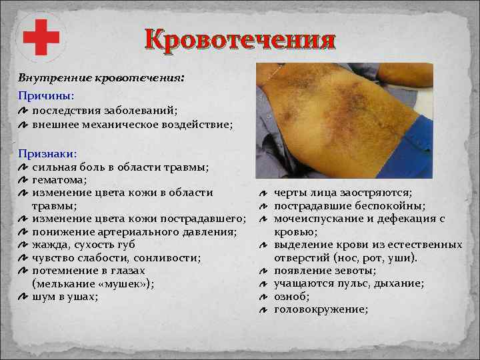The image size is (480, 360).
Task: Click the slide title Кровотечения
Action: [x=239, y=40]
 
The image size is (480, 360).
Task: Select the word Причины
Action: [x=46, y=97]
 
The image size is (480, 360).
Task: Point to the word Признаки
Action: [x=48, y=153]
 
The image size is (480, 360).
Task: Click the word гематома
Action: [x=59, y=179]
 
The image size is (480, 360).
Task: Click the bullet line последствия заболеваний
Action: [x=105, y=111]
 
